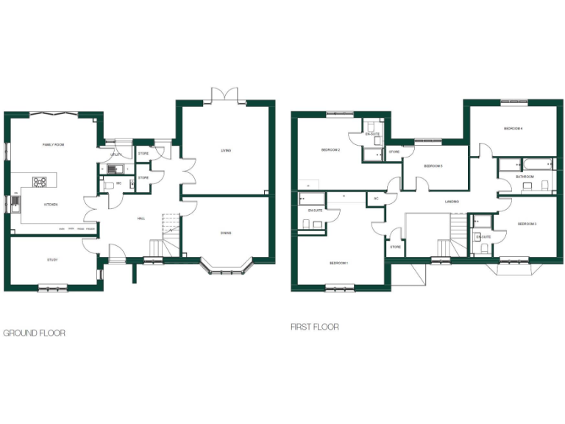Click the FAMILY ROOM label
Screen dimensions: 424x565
53,145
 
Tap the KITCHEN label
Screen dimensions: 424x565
50,205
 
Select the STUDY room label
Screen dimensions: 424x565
52,260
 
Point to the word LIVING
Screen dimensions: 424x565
226,151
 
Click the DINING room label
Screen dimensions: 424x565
225,233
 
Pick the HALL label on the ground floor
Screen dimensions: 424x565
141,219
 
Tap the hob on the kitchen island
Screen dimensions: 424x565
40,180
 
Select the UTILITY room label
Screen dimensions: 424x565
116,155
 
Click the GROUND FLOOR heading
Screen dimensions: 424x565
34,333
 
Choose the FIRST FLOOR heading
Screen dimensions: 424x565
315,327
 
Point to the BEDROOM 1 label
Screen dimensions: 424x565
338,263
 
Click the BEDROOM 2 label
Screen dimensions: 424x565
330,150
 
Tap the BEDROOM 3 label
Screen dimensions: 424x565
527,224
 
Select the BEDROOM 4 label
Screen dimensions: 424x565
513,129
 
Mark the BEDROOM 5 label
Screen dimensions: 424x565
433,166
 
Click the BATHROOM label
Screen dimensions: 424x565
525,177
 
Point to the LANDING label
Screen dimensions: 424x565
452,201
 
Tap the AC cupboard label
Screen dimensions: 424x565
376,199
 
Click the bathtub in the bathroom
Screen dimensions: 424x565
525,163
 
